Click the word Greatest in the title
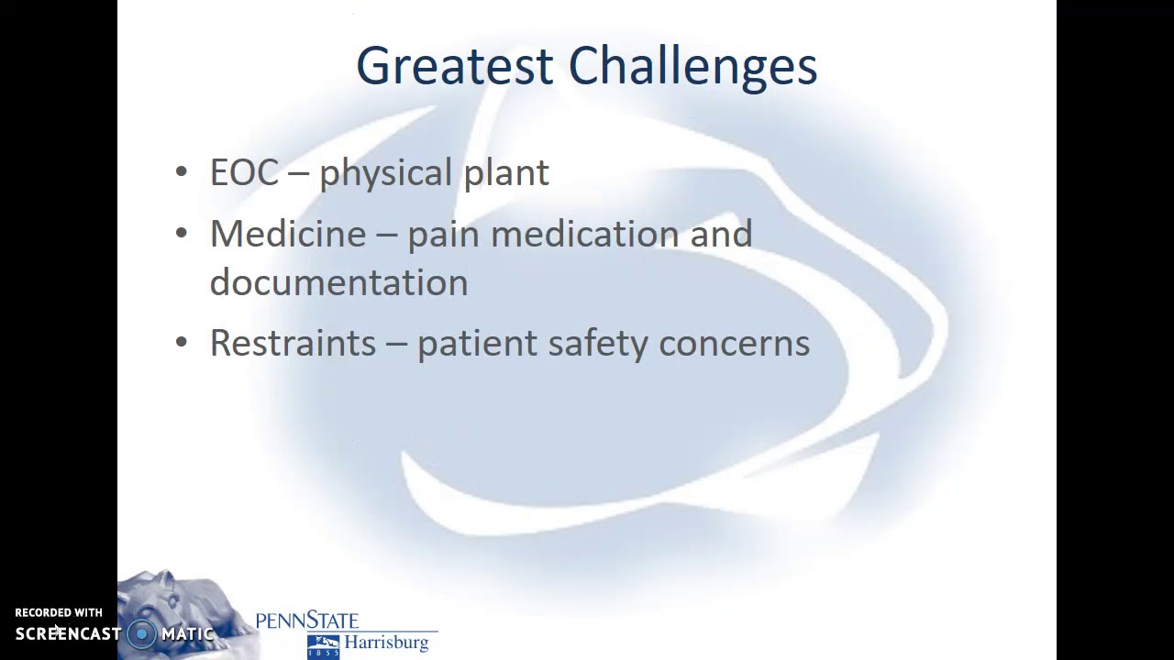[455, 67]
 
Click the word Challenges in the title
[692, 67]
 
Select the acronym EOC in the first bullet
[244, 172]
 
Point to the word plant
[505, 173]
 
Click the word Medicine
[288, 234]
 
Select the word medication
[584, 234]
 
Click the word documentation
[338, 282]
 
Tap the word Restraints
[293, 343]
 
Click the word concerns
[734, 344]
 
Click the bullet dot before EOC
[181, 172]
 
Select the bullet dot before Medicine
[181, 234]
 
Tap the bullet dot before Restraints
[181, 343]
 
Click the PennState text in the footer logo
[306, 621]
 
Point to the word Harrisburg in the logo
[386, 643]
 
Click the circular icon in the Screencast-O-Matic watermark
[141, 633]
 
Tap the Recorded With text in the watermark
[59, 612]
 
